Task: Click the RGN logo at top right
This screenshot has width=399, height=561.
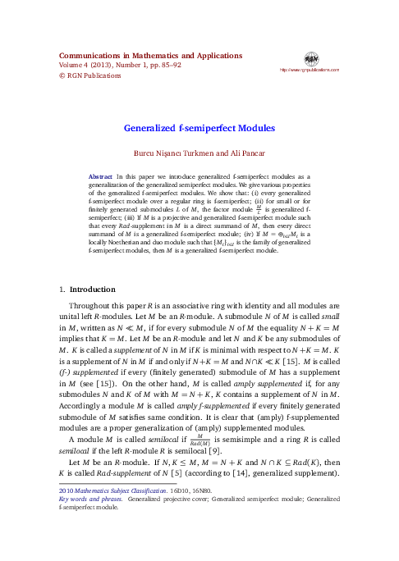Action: (311, 58)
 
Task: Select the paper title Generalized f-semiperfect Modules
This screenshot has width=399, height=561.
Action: (199, 129)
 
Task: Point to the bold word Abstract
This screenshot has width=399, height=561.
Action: (100, 177)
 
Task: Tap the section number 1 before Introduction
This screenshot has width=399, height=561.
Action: (62, 290)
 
